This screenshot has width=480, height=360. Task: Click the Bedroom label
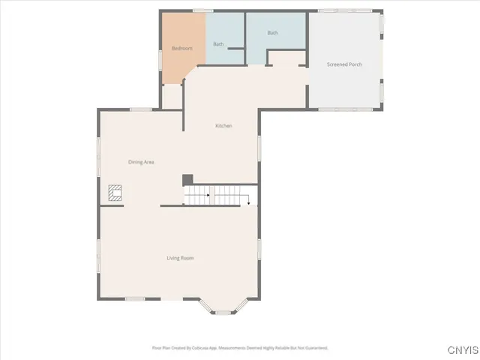(181, 49)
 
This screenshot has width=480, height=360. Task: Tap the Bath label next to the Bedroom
(218, 44)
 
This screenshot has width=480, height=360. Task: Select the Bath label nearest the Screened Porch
(273, 33)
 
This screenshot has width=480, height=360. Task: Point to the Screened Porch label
(344, 64)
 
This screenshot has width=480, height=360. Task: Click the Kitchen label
(223, 126)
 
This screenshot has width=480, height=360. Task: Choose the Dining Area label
(141, 162)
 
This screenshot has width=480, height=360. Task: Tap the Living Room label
(180, 258)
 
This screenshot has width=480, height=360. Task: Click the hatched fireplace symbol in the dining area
(114, 194)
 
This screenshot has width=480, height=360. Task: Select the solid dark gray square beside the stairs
(187, 180)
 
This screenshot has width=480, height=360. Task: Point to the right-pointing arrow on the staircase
(206, 195)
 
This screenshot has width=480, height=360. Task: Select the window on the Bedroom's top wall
(199, 10)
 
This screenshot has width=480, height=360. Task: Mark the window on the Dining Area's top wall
(138, 109)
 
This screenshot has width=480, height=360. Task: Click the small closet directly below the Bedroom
(172, 96)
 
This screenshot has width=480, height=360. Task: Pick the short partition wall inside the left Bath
(236, 49)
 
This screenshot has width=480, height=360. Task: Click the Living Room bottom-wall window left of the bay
(135, 299)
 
